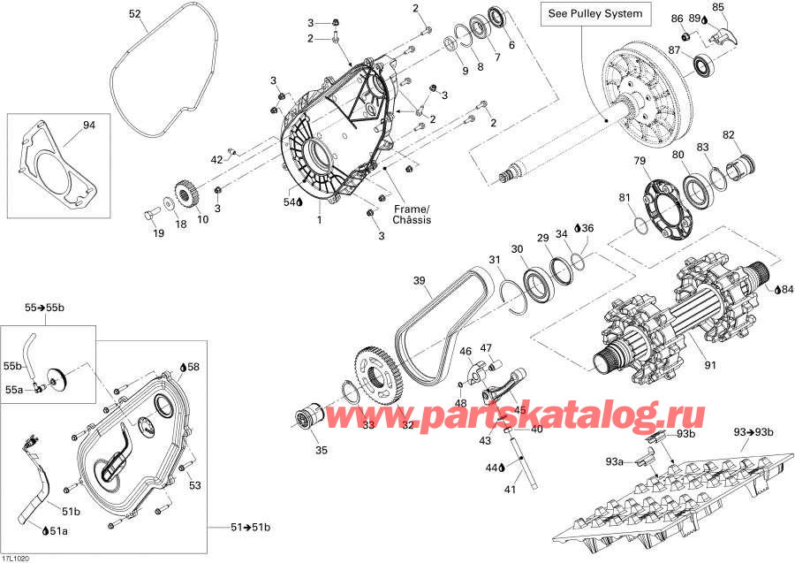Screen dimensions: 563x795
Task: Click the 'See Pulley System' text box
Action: pyautogui.click(x=595, y=14)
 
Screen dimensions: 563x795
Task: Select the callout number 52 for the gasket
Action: pyautogui.click(x=134, y=14)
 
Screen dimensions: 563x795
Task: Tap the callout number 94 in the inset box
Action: pyautogui.click(x=88, y=126)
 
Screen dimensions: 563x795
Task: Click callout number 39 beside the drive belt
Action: pyautogui.click(x=420, y=280)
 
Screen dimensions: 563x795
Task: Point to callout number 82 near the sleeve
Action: pyautogui.click(x=729, y=135)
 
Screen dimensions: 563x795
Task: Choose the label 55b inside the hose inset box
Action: pyautogui.click(x=12, y=364)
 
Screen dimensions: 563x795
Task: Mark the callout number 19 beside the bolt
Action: pyautogui.click(x=159, y=233)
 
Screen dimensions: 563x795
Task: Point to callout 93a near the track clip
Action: pyautogui.click(x=615, y=461)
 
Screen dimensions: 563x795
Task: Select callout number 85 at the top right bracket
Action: pyautogui.click(x=718, y=8)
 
